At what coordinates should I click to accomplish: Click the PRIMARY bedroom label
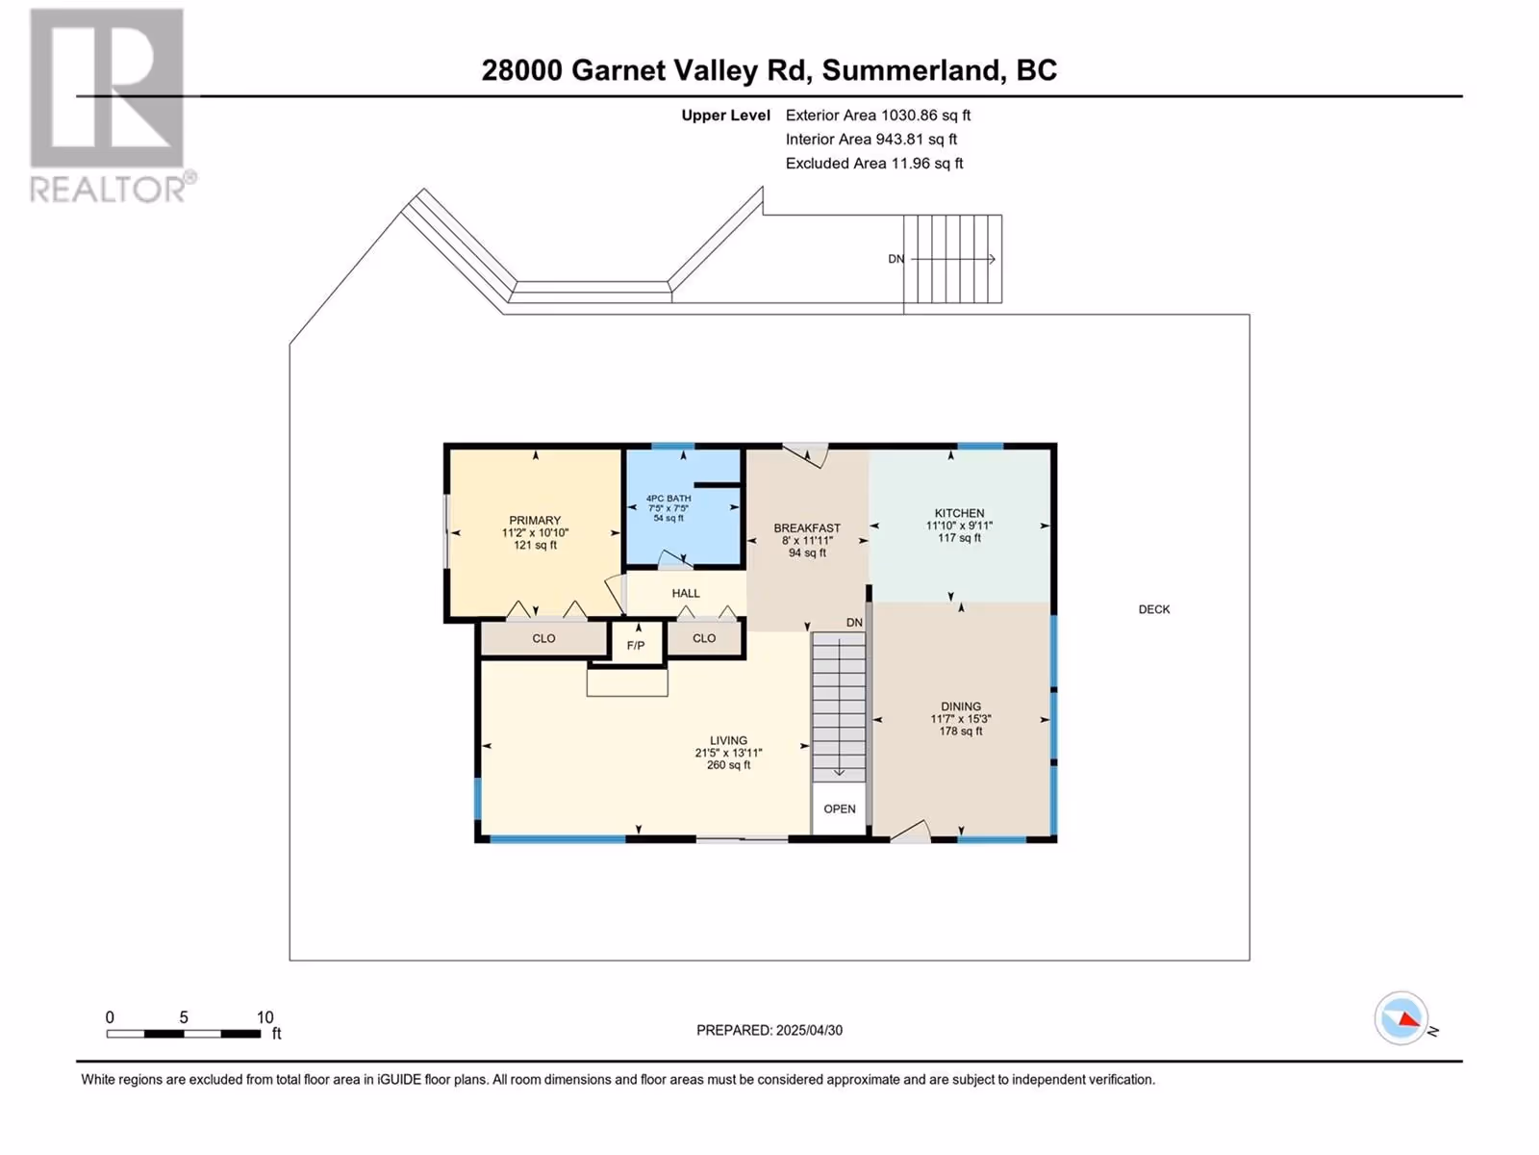pos(534,521)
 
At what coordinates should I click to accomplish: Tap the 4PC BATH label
pos(669,499)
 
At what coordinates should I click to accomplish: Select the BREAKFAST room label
pos(807,528)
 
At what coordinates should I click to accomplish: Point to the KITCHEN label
pos(959,513)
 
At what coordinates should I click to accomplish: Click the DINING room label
pos(961,706)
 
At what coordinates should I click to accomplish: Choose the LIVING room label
pos(728,740)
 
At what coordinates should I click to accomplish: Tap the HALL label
pos(686,593)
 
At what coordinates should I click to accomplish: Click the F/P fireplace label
pos(636,645)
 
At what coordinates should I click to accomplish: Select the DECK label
pos(1154,609)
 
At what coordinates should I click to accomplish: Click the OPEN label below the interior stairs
pos(840,808)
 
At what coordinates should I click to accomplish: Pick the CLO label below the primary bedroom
pos(543,638)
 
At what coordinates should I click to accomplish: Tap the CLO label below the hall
pos(704,638)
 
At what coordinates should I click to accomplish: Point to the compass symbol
pos(1401,1018)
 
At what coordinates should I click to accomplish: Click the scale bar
pos(184,1034)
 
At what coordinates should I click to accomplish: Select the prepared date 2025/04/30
pos(809,1030)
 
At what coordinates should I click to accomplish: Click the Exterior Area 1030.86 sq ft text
pos(878,115)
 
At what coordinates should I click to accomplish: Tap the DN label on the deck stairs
pos(896,259)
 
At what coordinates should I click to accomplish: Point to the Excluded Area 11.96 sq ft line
pos(874,164)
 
